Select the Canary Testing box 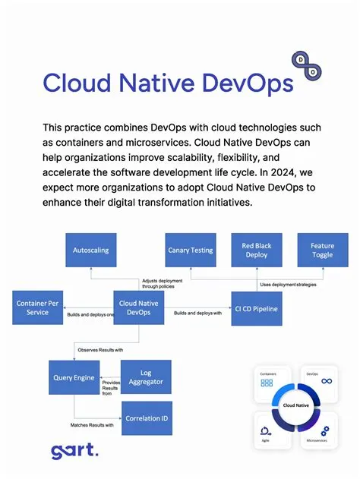click(x=189, y=250)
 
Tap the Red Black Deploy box click(x=257, y=250)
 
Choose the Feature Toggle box click(x=322, y=250)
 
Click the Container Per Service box click(x=37, y=307)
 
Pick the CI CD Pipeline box click(x=255, y=308)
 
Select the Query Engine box click(x=74, y=377)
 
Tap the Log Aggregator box click(x=147, y=377)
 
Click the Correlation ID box click(x=147, y=418)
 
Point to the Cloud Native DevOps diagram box click(x=139, y=307)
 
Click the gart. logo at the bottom click(x=75, y=451)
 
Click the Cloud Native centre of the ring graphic click(x=296, y=405)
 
